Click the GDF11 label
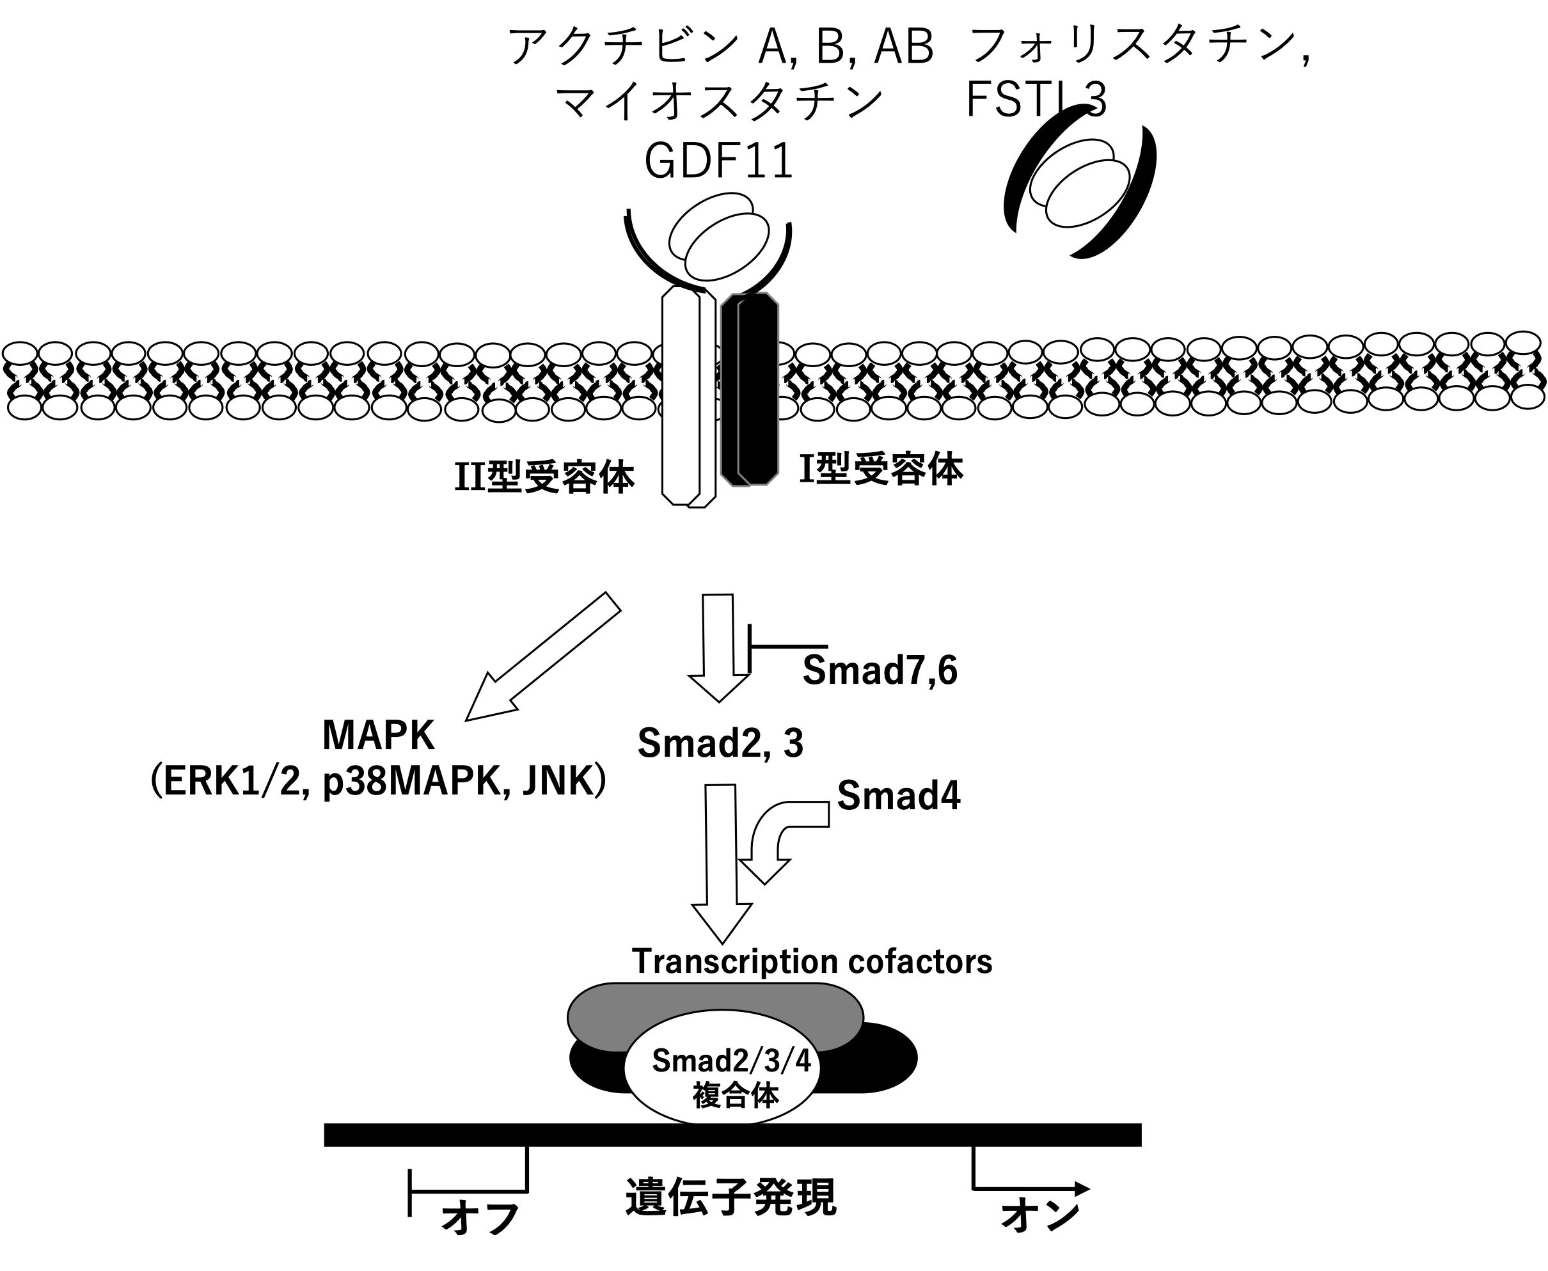(718, 161)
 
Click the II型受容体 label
(544, 478)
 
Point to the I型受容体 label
(881, 469)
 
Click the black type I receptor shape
(750, 388)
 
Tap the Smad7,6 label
(880, 669)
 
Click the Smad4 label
(899, 795)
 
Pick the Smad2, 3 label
(720, 743)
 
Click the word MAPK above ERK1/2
(379, 735)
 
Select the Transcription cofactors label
(811, 961)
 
